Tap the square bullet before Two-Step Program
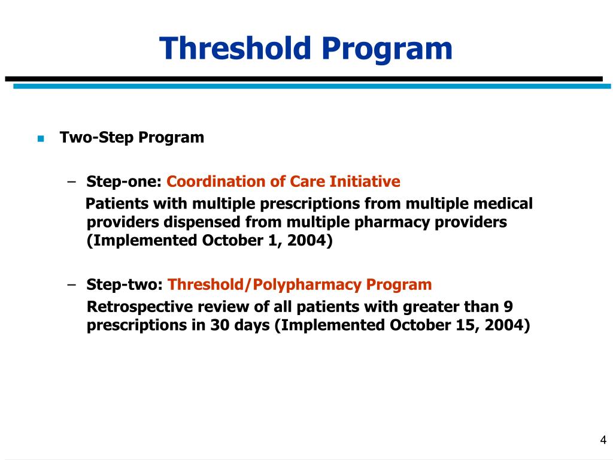pos(41,138)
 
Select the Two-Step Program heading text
pos(132,138)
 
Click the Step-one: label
pos(125,181)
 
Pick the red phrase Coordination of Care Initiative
pos(284,181)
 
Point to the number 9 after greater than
pos(508,307)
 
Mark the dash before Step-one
pos(72,181)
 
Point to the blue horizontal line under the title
pos(311,86)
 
